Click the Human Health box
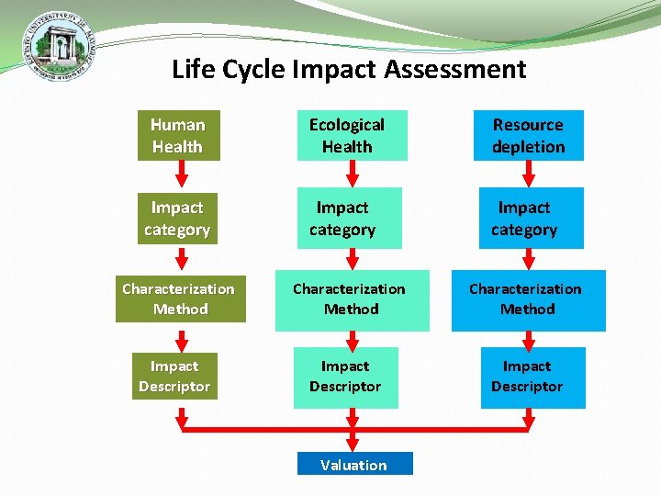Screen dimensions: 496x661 (x=178, y=136)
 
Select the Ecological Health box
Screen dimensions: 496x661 (x=352, y=136)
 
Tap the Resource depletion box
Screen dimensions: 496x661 (x=528, y=136)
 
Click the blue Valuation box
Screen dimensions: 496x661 (x=354, y=464)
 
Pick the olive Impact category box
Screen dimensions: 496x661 (x=178, y=219)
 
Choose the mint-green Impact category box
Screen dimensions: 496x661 (x=349, y=219)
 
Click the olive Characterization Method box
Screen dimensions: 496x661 (x=180, y=299)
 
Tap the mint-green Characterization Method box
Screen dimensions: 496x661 (x=352, y=299)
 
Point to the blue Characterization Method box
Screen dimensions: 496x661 (x=528, y=299)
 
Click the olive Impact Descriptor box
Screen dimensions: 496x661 (x=174, y=377)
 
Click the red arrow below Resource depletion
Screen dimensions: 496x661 (x=528, y=173)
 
